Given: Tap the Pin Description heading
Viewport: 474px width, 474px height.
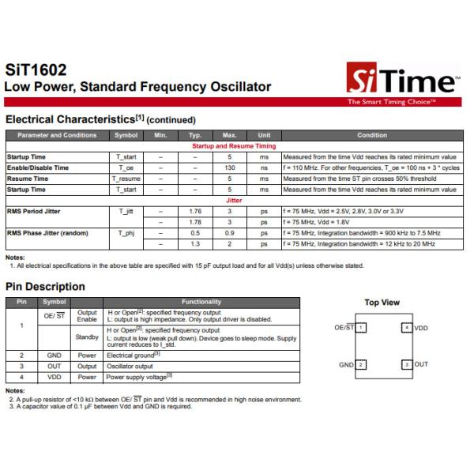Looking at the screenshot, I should pos(45,286).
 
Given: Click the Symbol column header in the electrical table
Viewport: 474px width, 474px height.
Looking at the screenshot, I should pos(126,135).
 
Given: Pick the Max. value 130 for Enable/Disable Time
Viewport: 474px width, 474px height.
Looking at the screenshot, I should pos(230,167).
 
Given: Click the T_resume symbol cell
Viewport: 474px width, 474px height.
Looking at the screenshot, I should pos(126,179).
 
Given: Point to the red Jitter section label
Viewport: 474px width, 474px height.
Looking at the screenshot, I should pos(234,201).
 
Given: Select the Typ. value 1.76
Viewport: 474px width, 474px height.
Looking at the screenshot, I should pos(196,212).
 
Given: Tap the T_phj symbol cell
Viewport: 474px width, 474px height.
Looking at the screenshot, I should pos(126,234).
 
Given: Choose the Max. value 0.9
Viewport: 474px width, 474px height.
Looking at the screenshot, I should pos(230,234).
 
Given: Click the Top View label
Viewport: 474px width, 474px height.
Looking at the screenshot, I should pos(382,303).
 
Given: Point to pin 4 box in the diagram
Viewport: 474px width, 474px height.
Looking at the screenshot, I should pos(407,326).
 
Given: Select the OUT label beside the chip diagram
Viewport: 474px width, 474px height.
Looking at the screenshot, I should pos(421,364).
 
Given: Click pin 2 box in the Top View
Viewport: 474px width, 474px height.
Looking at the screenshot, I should pos(360,364).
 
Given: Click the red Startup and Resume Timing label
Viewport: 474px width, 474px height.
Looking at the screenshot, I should pos(234,146).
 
